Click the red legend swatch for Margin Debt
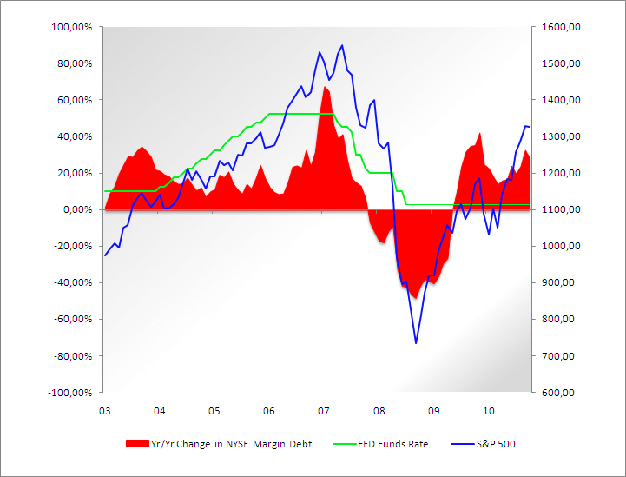pos(137,443)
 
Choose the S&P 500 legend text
pos(497,443)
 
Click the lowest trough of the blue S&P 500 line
pos(416,343)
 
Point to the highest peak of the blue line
pos(342,45)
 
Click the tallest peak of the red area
pos(324,87)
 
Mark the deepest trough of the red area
pos(417,298)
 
